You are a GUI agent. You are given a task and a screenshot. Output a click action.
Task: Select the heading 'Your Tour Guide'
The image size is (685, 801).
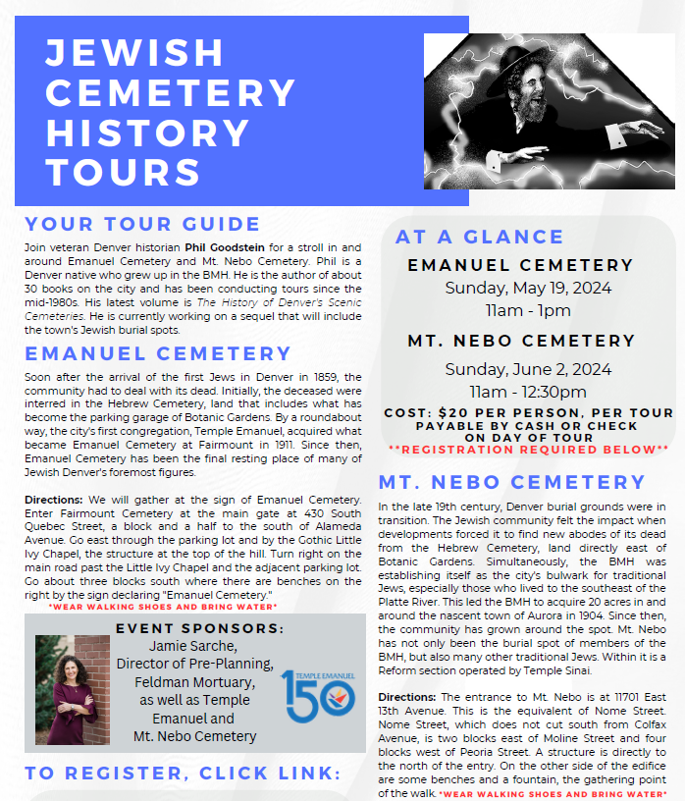(142, 224)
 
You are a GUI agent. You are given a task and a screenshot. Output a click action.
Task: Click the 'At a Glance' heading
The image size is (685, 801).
(479, 237)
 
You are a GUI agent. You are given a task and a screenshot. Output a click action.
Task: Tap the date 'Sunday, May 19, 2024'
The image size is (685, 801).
(528, 289)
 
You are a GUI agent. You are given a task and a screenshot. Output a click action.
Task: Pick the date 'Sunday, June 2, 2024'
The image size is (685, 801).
(528, 369)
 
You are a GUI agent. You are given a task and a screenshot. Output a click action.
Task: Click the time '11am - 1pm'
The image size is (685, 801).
(528, 311)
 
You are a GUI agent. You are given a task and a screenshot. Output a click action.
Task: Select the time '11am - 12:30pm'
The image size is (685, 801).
(528, 392)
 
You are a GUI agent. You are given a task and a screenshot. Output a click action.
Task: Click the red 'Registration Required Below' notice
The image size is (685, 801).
(528, 449)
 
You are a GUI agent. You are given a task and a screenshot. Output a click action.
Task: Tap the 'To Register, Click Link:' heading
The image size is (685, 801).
(183, 773)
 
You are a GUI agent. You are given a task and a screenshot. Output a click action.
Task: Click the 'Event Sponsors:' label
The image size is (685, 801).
(200, 628)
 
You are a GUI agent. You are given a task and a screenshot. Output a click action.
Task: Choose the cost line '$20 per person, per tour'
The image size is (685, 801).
(528, 413)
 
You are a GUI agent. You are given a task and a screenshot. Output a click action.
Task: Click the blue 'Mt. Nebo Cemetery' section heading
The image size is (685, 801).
(512, 482)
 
